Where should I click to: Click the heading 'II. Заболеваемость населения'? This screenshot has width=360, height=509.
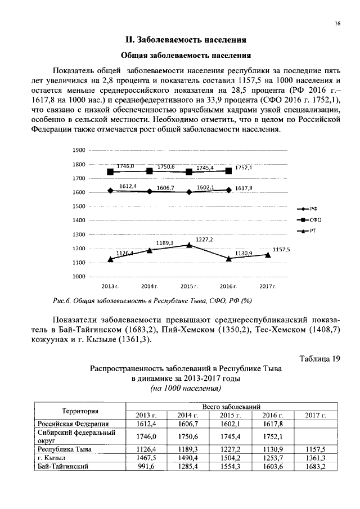pyautogui.click(x=186, y=40)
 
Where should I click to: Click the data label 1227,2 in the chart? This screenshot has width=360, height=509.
pyautogui.click(x=204, y=240)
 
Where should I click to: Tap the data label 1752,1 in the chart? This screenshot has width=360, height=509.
pyautogui.click(x=244, y=168)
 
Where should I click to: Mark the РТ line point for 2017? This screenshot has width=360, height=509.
pyautogui.click(x=268, y=255)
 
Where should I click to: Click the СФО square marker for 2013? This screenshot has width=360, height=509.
pyautogui.click(x=110, y=172)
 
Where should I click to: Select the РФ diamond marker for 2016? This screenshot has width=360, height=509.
pyautogui.click(x=228, y=190)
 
